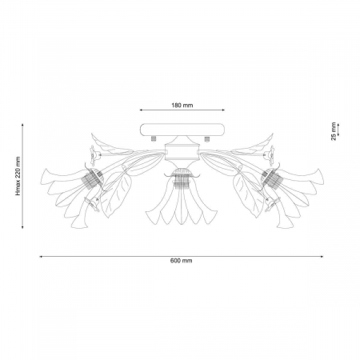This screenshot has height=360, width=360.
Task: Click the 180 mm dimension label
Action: point(182,106)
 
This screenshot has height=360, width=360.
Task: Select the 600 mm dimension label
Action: point(182,261)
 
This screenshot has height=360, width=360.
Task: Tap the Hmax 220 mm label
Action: point(18,176)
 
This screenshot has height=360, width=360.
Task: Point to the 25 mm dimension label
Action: point(334,131)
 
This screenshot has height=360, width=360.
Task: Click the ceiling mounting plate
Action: point(182,130)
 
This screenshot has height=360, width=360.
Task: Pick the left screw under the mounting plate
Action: point(154,138)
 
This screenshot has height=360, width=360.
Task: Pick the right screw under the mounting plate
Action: point(206,139)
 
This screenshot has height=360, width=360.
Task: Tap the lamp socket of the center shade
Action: point(182,178)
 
